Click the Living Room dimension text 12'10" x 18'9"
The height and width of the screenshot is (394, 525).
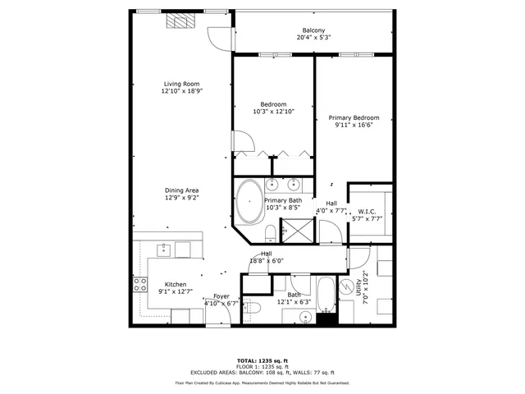(x=180, y=92)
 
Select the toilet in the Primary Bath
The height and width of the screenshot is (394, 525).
(x=271, y=231)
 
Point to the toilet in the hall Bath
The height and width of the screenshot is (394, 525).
(x=254, y=308)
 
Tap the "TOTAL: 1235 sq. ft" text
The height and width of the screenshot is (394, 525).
(x=262, y=360)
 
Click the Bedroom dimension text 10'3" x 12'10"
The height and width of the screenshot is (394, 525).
(x=273, y=112)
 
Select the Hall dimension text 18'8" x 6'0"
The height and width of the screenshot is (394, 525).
(x=267, y=261)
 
